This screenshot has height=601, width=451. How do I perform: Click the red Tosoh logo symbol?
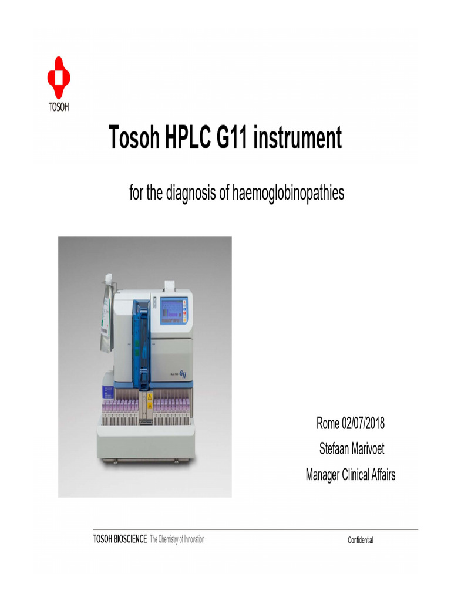(x=59, y=77)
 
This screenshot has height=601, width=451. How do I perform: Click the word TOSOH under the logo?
(x=59, y=107)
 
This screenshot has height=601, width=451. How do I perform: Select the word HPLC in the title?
(x=183, y=139)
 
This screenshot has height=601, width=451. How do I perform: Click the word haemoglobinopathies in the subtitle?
(x=288, y=193)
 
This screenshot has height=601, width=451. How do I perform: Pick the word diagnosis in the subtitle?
(x=191, y=193)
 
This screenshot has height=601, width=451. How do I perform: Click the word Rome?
(x=328, y=423)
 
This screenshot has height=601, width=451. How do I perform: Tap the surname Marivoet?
(x=368, y=449)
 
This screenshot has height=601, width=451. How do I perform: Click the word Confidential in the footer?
(x=360, y=541)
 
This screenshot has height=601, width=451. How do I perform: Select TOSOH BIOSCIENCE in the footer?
(x=120, y=539)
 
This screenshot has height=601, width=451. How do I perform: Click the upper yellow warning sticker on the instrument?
(x=149, y=398)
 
